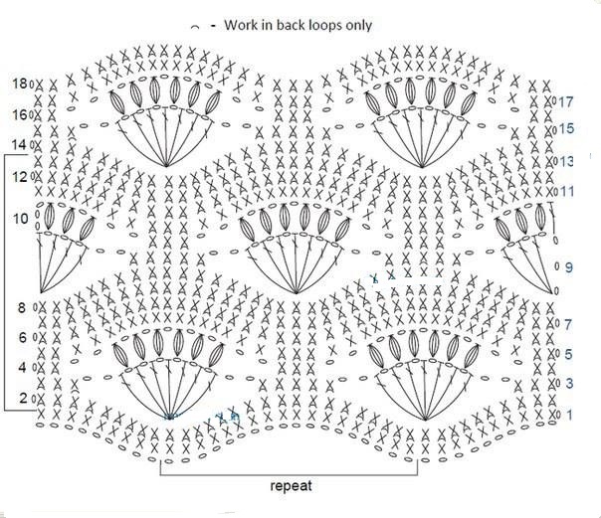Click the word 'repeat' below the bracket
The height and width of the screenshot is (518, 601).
click(291, 486)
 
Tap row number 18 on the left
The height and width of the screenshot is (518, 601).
click(20, 84)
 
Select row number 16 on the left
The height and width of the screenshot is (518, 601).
click(20, 114)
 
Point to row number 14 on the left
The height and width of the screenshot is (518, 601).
click(20, 145)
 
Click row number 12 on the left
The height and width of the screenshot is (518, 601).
click(20, 177)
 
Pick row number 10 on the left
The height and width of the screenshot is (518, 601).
click(21, 219)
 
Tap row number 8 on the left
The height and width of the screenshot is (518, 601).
click(22, 307)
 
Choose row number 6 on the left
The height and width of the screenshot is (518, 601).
click(23, 337)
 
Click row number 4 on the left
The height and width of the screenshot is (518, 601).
click(22, 368)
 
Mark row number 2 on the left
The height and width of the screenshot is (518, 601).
click(23, 398)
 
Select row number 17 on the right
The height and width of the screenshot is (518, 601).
click(566, 101)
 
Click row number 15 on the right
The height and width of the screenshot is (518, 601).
click(566, 128)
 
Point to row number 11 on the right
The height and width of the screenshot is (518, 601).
click(567, 191)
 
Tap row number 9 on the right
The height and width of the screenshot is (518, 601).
click(569, 267)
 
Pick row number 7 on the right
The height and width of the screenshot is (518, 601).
click(568, 325)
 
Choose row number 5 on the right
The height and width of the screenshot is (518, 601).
click(568, 354)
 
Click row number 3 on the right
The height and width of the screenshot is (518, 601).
click(569, 383)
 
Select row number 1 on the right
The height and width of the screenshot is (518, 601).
click(569, 415)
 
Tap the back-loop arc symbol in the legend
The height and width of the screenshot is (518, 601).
click(195, 27)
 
